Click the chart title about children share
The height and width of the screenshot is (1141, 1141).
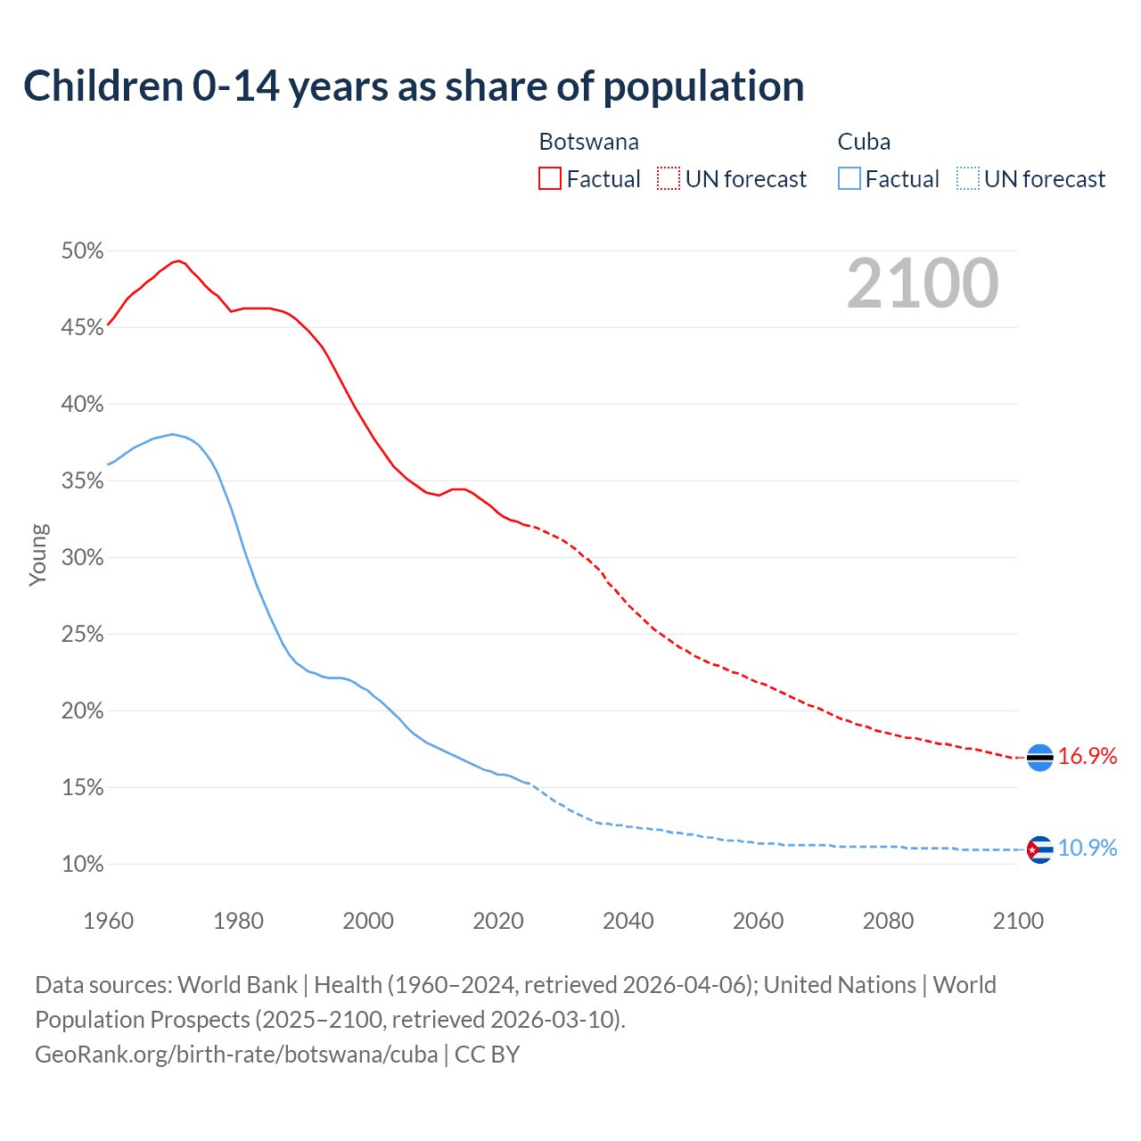(x=414, y=86)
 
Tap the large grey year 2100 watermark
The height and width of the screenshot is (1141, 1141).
(x=923, y=283)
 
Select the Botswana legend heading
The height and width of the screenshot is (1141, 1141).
(x=588, y=142)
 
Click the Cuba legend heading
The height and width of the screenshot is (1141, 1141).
(x=864, y=142)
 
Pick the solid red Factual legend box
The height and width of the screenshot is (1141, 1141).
(x=550, y=179)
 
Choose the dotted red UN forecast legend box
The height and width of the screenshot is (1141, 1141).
(x=669, y=179)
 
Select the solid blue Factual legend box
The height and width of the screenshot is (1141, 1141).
(x=850, y=179)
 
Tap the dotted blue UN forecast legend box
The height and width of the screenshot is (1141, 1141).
(x=967, y=179)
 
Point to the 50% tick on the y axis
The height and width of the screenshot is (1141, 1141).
(x=82, y=251)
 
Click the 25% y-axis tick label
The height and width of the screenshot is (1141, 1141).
(x=82, y=635)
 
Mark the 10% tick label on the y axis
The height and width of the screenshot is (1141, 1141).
(x=82, y=865)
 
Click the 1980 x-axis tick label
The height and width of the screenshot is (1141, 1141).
(x=238, y=921)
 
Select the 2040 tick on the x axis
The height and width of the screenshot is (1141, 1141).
(x=628, y=921)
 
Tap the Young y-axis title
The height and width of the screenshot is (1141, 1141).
(x=38, y=554)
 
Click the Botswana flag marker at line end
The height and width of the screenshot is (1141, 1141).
(x=1039, y=757)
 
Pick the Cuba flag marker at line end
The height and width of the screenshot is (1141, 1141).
(x=1039, y=850)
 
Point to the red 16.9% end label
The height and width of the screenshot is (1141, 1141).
(x=1088, y=757)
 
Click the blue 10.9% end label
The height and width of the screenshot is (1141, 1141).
(x=1088, y=849)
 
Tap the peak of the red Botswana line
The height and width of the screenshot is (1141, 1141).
(x=179, y=260)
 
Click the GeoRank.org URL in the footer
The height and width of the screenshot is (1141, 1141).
(x=236, y=1055)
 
